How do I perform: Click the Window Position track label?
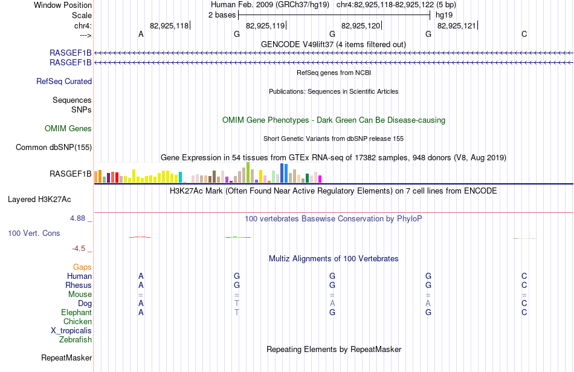tap(63, 5)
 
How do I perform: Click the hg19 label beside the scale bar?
tap(444, 15)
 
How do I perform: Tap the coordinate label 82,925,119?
tap(265, 25)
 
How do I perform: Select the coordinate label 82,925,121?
tap(457, 25)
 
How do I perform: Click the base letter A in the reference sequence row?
tap(141, 34)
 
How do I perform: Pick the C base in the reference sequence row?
tap(524, 34)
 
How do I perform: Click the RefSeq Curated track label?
tap(64, 82)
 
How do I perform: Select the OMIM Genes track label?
tap(68, 129)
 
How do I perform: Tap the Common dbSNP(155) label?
tap(54, 148)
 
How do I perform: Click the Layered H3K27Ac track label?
tap(39, 200)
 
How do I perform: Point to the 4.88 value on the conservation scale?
tap(77, 218)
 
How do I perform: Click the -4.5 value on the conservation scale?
tap(79, 249)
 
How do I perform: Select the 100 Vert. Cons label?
tap(34, 233)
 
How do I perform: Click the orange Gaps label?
tap(82, 267)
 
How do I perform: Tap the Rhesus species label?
tap(79, 285)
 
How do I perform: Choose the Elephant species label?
tap(77, 312)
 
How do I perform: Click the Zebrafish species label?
tap(76, 339)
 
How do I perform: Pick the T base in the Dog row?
tap(237, 304)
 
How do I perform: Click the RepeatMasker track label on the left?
tap(66, 357)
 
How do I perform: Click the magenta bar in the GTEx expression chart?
tap(320, 179)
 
